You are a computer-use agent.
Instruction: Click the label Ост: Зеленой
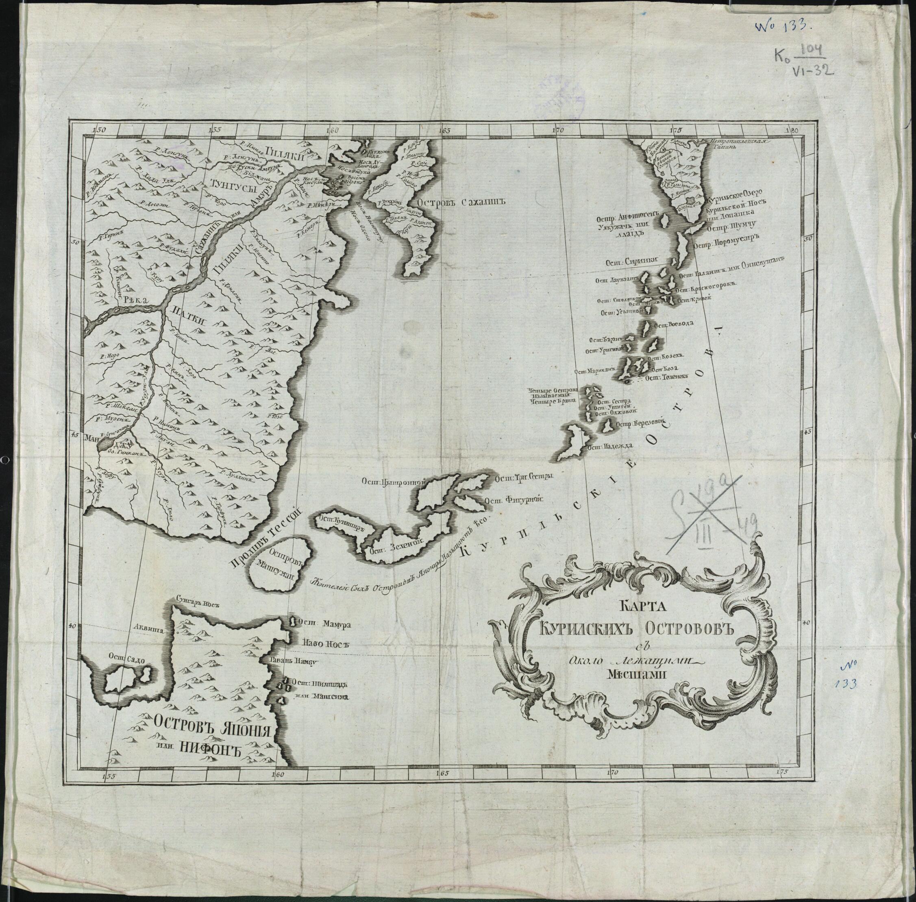coord(390,546)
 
